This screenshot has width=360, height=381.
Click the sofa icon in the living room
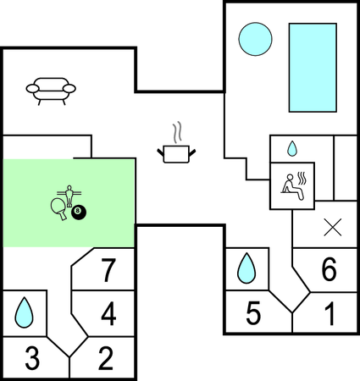click(51, 91)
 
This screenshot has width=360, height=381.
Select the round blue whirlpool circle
click(255, 39)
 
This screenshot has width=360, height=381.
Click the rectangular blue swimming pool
click(313, 68)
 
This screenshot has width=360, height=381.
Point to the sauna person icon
click(292, 188)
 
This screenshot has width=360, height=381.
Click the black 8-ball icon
click(79, 213)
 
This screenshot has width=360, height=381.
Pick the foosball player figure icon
click(69, 196)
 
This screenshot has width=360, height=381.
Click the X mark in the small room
click(333, 227)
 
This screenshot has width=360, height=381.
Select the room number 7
click(108, 270)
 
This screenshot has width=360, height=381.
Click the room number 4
click(108, 314)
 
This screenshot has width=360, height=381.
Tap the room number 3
click(32, 358)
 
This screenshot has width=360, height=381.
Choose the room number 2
click(106, 358)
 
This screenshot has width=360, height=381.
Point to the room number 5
click(253, 313)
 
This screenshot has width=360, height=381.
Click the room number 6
click(330, 269)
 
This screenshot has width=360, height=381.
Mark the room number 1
click(330, 313)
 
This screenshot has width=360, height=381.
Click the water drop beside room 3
click(24, 312)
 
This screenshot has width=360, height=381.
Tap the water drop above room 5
click(246, 268)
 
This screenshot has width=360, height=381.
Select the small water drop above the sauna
click(292, 149)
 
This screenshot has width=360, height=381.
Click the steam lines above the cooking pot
click(177, 132)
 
